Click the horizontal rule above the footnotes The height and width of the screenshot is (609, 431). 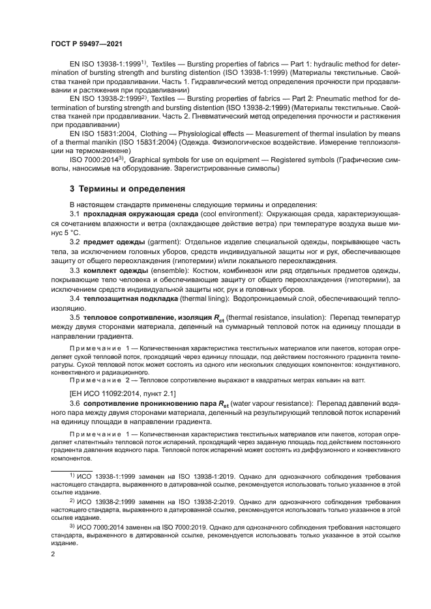[x=72, y=469]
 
